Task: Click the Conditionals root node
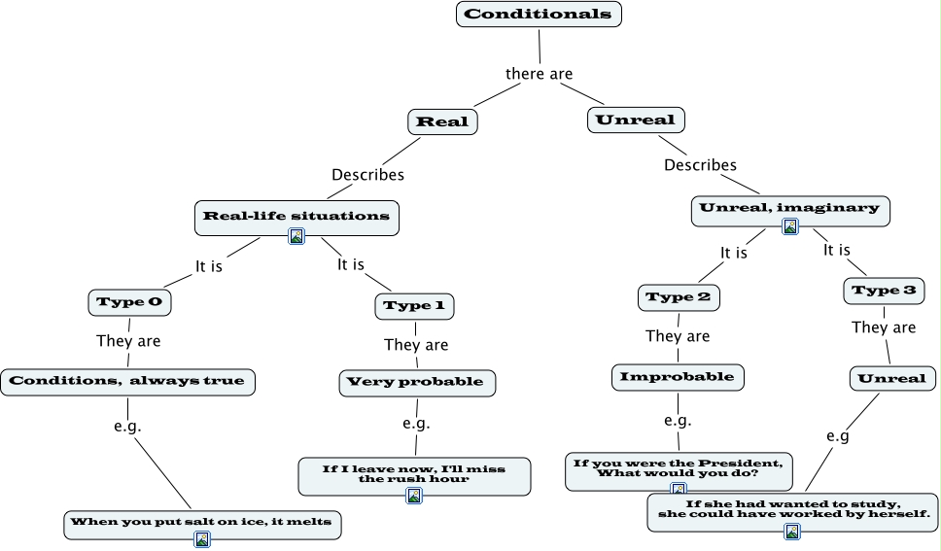pos(538,14)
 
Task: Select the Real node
pos(442,121)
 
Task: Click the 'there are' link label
pos(539,74)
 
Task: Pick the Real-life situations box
pos(296,216)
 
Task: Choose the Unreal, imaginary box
pos(789,208)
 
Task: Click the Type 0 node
pos(129,302)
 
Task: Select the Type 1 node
pos(414,306)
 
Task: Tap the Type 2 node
pos(679,297)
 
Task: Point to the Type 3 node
pos(884,291)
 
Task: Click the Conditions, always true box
pos(127,381)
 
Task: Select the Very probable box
pos(416,382)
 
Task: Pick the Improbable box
pos(678,376)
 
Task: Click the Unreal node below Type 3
pos(892,378)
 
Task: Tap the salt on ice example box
pos(202,522)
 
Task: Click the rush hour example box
pos(414,473)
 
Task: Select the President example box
pos(679,467)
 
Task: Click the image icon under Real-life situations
pos(296,236)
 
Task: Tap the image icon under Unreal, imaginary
pos(790,226)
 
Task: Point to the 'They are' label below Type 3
pos(884,327)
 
